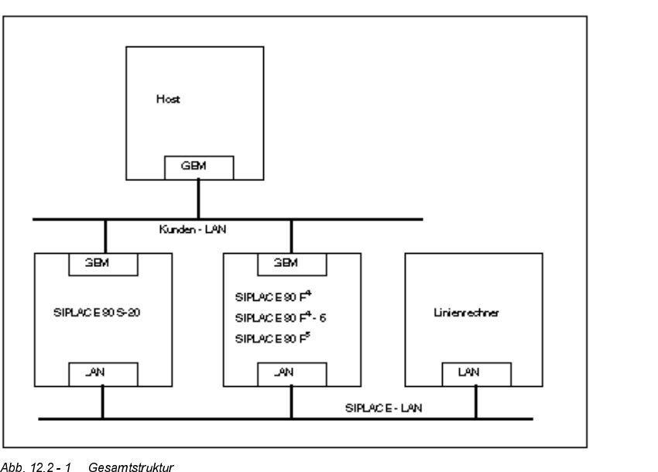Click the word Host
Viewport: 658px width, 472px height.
click(x=167, y=100)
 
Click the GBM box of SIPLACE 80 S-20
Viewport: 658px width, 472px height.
click(x=104, y=263)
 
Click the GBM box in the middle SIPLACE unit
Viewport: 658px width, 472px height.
click(x=292, y=263)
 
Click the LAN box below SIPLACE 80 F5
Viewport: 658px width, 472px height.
click(x=292, y=374)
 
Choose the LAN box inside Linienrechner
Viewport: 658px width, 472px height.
click(x=475, y=374)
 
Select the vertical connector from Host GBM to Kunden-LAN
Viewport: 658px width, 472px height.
click(x=199, y=199)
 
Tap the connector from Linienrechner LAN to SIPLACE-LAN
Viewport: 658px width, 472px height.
click(x=475, y=402)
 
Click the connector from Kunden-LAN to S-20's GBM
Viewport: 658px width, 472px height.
click(x=105, y=236)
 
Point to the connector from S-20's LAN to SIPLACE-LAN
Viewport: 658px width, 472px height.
click(x=102, y=402)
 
